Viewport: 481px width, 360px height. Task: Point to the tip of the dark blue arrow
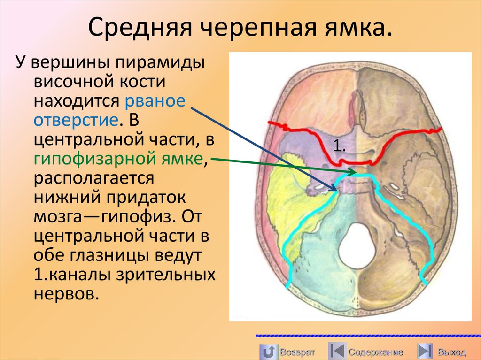[x=337, y=191]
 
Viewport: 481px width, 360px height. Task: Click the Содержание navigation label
[x=375, y=352]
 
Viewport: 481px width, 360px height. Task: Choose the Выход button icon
[x=424, y=351]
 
